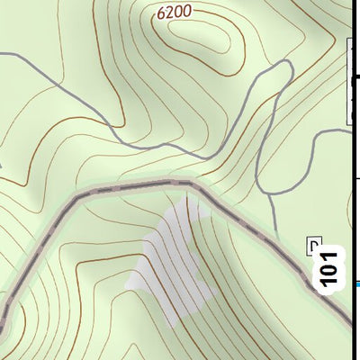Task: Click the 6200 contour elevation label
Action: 175,13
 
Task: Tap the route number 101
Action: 332,267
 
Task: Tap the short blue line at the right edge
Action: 356,284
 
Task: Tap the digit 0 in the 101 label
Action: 332,267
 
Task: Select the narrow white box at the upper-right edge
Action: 355,81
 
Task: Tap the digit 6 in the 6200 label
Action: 160,13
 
